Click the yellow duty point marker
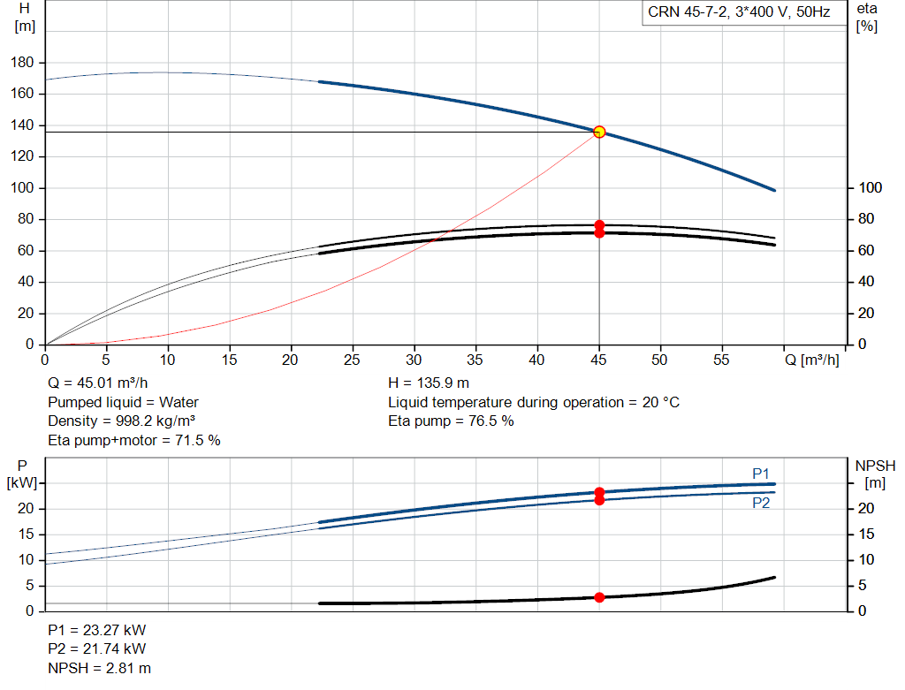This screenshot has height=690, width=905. [x=599, y=133]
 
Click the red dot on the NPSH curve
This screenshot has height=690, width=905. [x=599, y=597]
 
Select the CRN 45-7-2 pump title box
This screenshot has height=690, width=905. [x=744, y=12]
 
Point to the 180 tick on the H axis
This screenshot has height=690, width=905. [x=22, y=63]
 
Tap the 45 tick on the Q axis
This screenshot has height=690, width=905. [x=598, y=360]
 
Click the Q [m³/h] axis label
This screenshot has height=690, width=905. [x=811, y=360]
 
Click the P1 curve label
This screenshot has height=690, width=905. [x=761, y=474]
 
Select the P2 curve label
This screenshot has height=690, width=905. [x=761, y=503]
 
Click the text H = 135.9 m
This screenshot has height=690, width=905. [x=429, y=383]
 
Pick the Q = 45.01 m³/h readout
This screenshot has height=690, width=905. [x=97, y=383]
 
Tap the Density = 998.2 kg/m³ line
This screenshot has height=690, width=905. [x=121, y=421]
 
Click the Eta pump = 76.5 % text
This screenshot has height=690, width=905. [x=451, y=421]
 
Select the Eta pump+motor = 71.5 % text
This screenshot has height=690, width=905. [x=134, y=441]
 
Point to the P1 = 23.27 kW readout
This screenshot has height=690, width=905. [x=97, y=630]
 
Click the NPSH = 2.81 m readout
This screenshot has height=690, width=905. [x=99, y=668]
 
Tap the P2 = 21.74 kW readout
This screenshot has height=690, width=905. [x=97, y=649]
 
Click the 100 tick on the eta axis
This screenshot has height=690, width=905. [x=870, y=187]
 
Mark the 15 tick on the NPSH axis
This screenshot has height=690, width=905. [x=866, y=535]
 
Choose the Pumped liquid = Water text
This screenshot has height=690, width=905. [x=123, y=402]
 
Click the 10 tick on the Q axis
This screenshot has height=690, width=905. [x=167, y=360]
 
